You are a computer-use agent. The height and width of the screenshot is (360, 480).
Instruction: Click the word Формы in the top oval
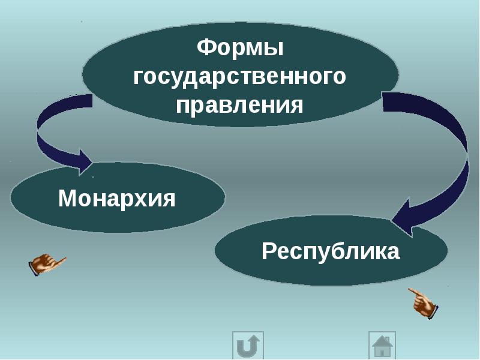pyautogui.click(x=240, y=48)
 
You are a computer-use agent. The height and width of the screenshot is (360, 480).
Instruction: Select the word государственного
pyautogui.click(x=239, y=77)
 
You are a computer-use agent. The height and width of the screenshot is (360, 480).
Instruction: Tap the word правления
pyautogui.click(x=239, y=106)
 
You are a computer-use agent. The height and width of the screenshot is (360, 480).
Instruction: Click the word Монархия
pyautogui.click(x=116, y=199)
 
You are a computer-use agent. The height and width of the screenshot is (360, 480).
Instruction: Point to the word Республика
pyautogui.click(x=331, y=251)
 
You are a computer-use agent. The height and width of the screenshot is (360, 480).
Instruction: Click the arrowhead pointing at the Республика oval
pyautogui.click(x=401, y=217)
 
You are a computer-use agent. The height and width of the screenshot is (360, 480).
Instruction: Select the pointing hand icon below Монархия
pyautogui.click(x=47, y=264)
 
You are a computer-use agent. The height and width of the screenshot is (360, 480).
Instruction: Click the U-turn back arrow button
pyautogui.click(x=248, y=346)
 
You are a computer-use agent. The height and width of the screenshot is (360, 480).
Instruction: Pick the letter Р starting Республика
pyautogui.click(x=268, y=251)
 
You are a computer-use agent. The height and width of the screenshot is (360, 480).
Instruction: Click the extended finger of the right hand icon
pyautogui.click(x=413, y=291)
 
